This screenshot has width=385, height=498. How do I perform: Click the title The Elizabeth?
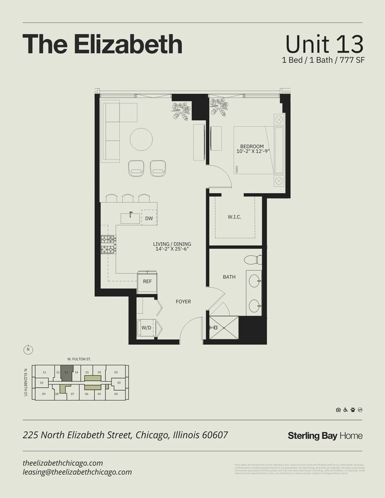[102, 44]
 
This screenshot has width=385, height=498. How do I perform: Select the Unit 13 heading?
[323, 44]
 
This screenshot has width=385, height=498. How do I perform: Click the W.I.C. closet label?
[234, 217]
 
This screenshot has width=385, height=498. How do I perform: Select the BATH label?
[229, 277]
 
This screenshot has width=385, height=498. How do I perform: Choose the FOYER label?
[183, 301]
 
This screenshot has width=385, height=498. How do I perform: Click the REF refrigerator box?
[147, 282]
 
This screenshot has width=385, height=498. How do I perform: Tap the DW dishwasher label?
[149, 219]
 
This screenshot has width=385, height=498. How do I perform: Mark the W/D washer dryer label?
[146, 327]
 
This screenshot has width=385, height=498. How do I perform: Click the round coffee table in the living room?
[142, 139]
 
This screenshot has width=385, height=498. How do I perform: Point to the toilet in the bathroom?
[253, 259]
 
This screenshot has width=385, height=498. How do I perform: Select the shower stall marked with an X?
[223, 327]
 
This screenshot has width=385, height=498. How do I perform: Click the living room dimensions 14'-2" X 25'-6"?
[172, 250]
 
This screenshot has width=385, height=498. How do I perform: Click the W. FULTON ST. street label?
[78, 359]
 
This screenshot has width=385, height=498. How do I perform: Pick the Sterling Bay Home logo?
[325, 436]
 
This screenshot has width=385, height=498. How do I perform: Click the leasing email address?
[77, 472]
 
